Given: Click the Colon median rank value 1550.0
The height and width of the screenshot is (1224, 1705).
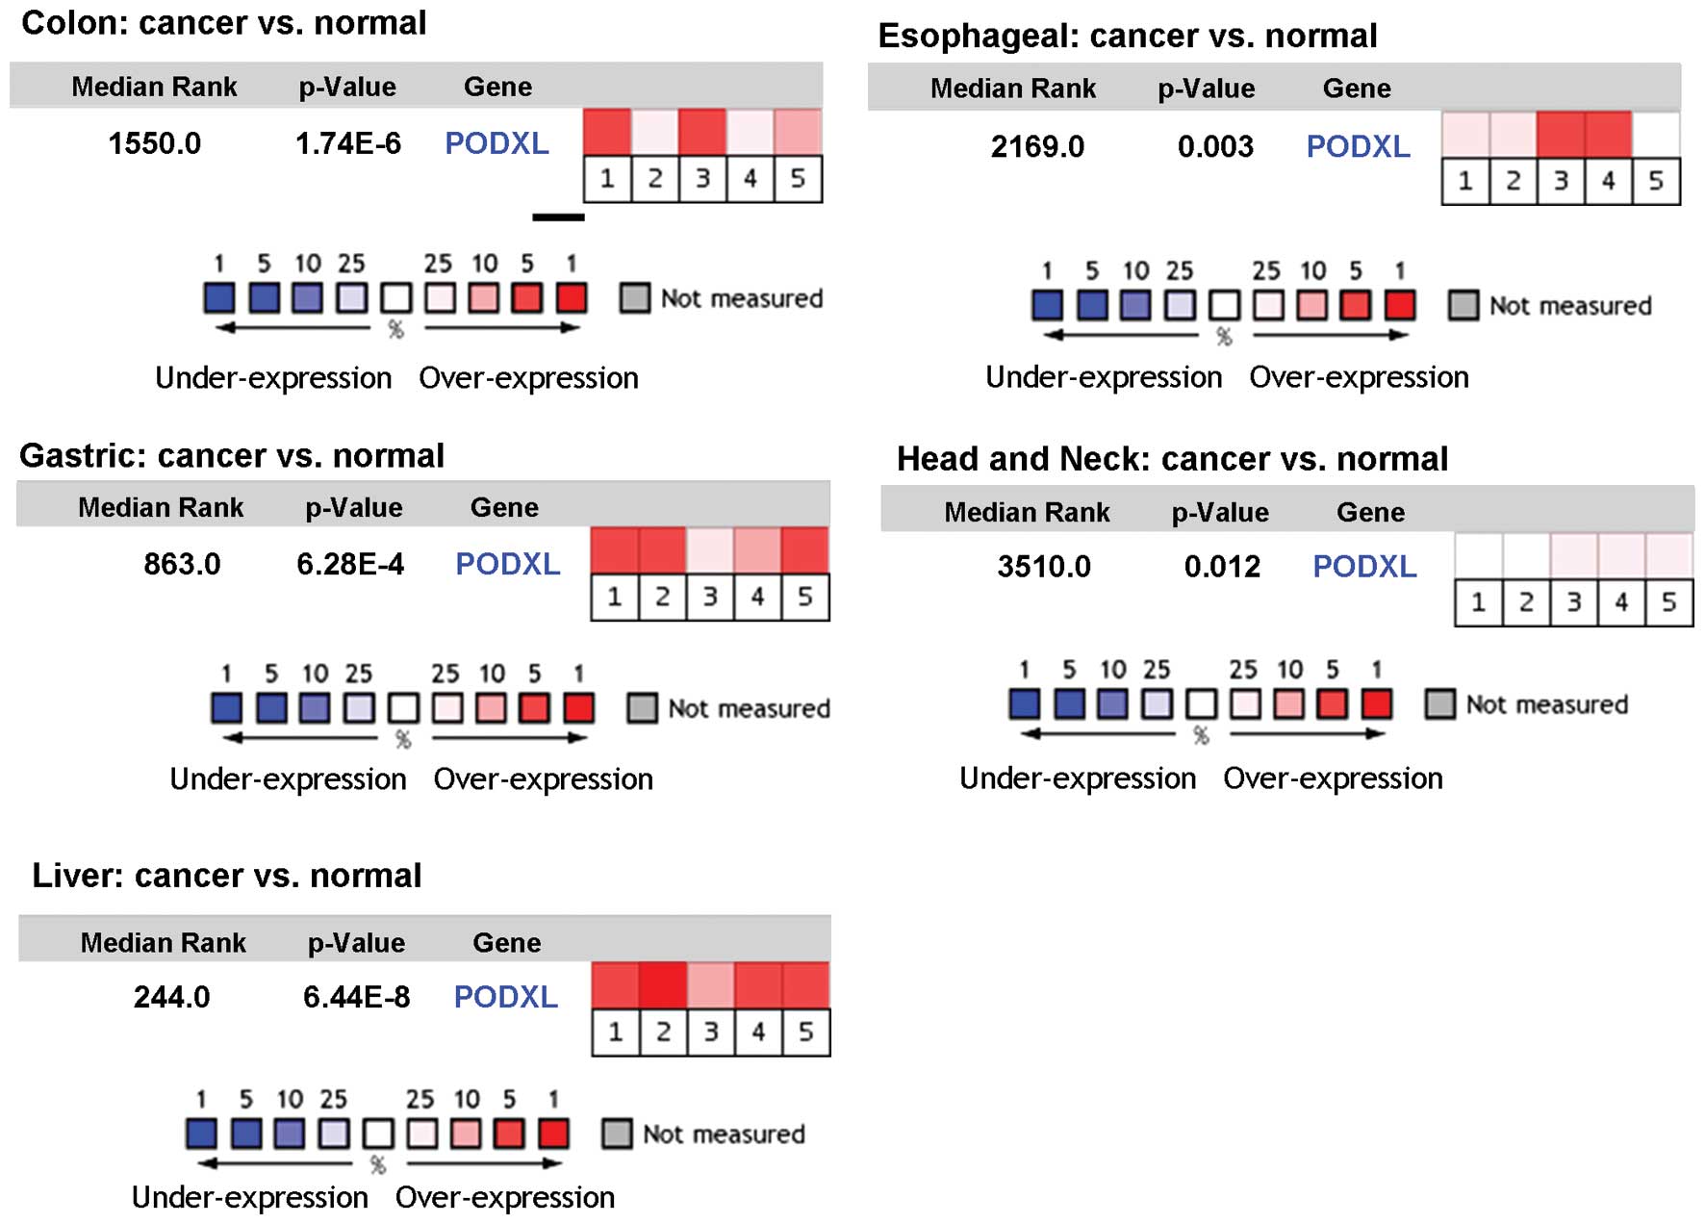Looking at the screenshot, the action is [154, 143].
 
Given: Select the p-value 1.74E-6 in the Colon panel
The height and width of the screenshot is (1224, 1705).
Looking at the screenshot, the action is [347, 143].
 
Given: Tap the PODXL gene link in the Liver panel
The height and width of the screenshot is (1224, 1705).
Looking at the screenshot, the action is [505, 997].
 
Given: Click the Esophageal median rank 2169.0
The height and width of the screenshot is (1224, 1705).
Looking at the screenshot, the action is [1037, 146].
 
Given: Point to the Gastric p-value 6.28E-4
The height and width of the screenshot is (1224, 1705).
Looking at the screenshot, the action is [350, 564].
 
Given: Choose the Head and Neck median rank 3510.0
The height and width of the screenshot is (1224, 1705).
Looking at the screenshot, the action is [1044, 567].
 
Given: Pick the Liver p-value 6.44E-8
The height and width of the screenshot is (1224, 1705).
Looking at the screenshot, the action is [356, 997].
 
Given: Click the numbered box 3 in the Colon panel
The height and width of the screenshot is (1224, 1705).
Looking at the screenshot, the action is [702, 179].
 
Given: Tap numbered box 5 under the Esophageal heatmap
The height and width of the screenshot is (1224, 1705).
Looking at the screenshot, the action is [1656, 181].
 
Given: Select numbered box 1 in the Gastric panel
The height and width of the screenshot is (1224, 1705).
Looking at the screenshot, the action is [615, 598].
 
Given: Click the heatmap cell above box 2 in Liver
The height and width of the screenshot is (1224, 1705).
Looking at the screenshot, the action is [663, 985].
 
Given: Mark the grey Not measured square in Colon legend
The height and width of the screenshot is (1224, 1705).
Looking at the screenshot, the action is [634, 298].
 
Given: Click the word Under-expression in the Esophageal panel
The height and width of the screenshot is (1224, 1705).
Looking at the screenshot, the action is [1104, 377].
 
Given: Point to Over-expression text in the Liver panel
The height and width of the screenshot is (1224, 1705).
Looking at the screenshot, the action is [504, 1197].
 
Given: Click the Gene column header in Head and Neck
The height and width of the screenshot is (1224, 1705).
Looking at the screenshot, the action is [1370, 512].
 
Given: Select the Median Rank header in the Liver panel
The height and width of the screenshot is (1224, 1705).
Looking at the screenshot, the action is [163, 942].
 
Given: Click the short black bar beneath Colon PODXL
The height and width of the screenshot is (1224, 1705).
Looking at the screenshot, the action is [558, 217].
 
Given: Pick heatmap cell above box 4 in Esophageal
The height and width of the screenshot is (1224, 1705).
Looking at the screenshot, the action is [1608, 134].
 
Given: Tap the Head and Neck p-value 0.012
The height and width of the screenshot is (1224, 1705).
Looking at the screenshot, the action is [1222, 567].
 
